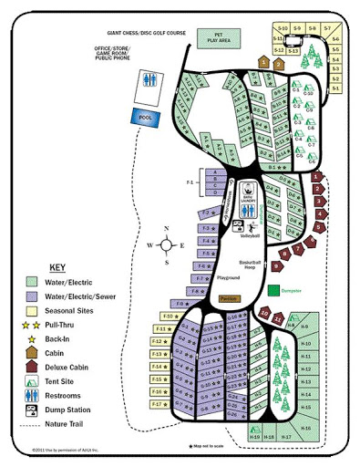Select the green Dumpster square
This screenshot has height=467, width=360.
point(273,291)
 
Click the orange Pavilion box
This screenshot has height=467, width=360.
point(229,297)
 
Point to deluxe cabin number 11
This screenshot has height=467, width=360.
point(278,318)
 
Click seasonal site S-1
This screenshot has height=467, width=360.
point(334,88)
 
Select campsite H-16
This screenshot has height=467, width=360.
point(306,428)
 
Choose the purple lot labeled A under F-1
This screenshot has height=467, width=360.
point(213,171)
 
